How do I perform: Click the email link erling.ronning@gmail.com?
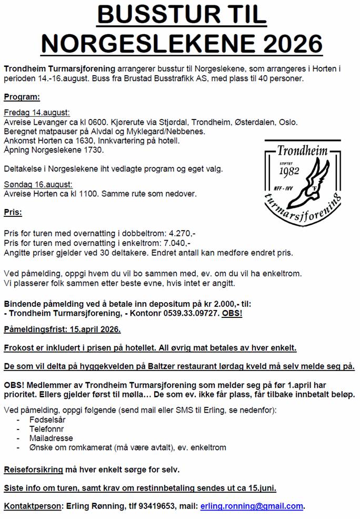click(x=252, y=506)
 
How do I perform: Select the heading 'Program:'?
click(x=21, y=97)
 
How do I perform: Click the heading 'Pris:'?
click(x=13, y=213)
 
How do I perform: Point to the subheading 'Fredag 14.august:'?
click(x=37, y=113)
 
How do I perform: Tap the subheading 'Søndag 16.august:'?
click(x=38, y=184)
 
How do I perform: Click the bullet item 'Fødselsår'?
click(x=48, y=420)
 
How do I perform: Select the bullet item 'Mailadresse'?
click(x=51, y=438)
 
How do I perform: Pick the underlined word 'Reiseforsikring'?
click(x=34, y=469)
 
